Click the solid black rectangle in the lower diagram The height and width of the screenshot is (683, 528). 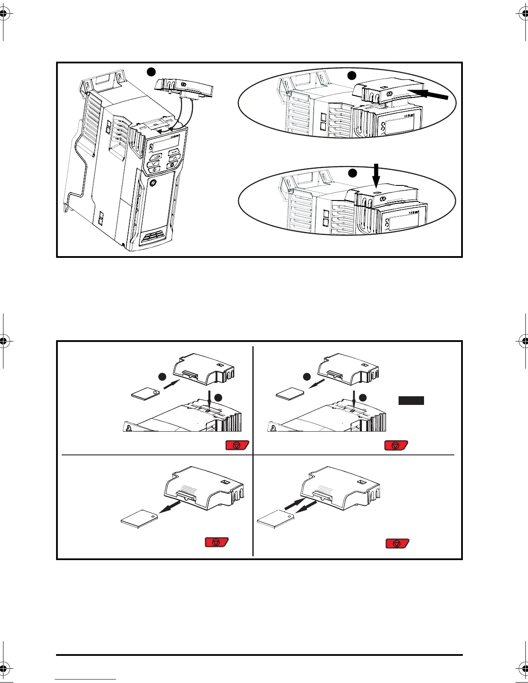click(x=411, y=401)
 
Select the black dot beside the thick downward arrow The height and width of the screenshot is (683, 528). click(x=353, y=173)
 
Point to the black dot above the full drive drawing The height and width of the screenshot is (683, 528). click(x=151, y=72)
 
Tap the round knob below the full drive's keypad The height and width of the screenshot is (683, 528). click(x=153, y=183)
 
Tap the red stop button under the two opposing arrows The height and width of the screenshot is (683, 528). click(x=397, y=543)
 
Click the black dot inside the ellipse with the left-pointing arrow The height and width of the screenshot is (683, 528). click(x=352, y=75)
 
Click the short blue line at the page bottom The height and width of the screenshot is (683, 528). click(x=85, y=679)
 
